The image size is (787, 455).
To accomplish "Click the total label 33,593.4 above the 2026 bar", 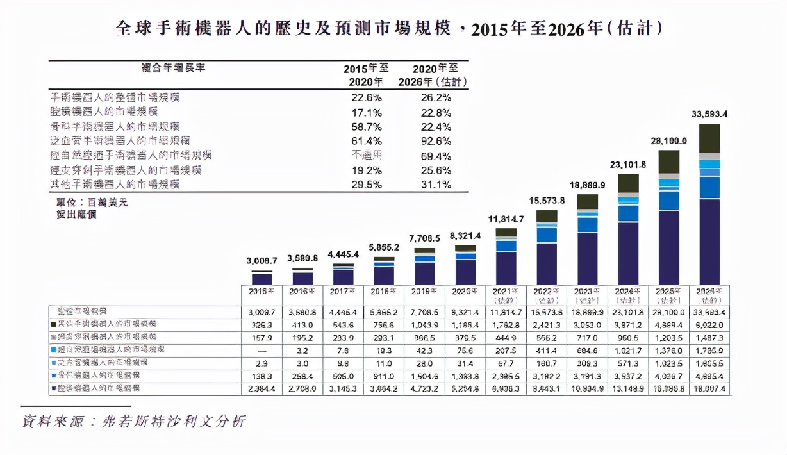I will (x=709, y=115).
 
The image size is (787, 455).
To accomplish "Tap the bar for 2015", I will (x=261, y=278).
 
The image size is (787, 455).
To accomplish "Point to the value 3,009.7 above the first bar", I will (x=261, y=261).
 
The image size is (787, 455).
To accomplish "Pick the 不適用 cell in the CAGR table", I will (x=368, y=155).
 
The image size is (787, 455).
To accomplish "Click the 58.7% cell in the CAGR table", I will (x=368, y=126).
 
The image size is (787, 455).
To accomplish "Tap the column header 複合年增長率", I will (x=173, y=68).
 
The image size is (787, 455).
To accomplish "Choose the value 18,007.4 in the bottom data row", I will (x=709, y=389).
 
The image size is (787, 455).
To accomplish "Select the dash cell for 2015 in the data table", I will (x=261, y=350).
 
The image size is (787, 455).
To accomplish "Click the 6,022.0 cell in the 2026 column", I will (x=709, y=324).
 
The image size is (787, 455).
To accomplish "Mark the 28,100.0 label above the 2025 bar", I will (x=669, y=141).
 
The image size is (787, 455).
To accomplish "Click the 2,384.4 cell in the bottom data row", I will (x=261, y=389).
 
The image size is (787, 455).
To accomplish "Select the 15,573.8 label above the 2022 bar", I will (x=547, y=201).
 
